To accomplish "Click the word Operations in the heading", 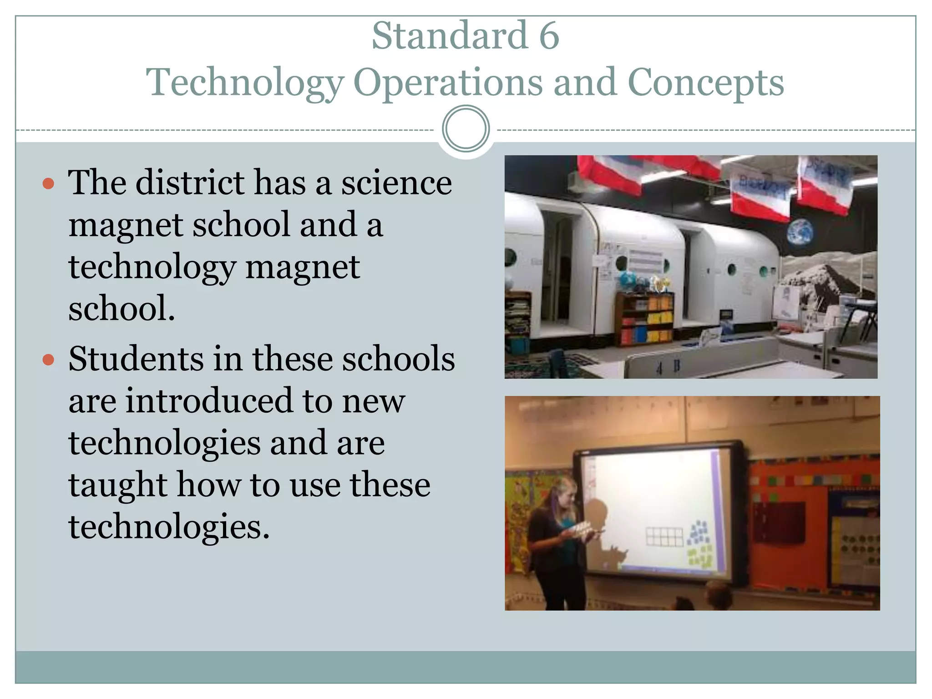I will click(x=448, y=83).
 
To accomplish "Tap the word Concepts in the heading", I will click(x=706, y=83).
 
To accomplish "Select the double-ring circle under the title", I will click(x=466, y=129).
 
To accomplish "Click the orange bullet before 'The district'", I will click(x=48, y=184).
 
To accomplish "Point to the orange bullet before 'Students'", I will click(x=48, y=360).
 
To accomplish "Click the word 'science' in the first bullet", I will click(x=396, y=183).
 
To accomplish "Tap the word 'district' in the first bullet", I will click(x=190, y=183).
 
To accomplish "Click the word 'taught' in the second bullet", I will click(x=118, y=485).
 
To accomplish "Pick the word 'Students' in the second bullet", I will click(x=136, y=359).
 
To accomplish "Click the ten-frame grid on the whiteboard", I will click(x=664, y=537).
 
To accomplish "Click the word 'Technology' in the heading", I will click(x=245, y=83).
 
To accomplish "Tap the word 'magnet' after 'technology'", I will click(x=303, y=267).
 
